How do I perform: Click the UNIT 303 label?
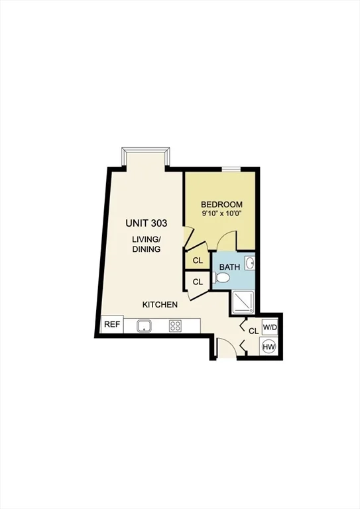click(147, 223)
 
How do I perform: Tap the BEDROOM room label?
click(221, 205)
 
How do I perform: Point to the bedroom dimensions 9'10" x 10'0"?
click(222, 213)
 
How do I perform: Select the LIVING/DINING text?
click(147, 244)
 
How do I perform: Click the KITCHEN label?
click(160, 304)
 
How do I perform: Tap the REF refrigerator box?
click(112, 324)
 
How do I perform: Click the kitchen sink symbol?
click(144, 325)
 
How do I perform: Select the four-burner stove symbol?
click(175, 326)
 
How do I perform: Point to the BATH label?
click(230, 267)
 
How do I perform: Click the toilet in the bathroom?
click(222, 278)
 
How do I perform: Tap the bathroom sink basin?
click(250, 263)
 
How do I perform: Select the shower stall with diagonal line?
click(243, 302)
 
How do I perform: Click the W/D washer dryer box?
click(270, 327)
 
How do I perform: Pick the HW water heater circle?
click(269, 347)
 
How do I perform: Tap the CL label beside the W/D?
click(254, 331)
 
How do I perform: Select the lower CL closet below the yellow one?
click(198, 282)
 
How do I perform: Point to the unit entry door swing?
click(227, 347)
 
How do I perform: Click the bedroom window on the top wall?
click(231, 168)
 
